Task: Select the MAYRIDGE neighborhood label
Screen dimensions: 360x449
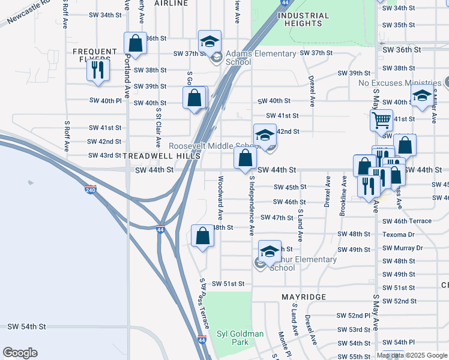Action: coord(304,297)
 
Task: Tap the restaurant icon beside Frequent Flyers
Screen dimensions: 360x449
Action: coord(97,70)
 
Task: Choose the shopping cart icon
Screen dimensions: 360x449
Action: coord(381,120)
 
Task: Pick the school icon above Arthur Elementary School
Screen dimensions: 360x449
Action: coord(270,251)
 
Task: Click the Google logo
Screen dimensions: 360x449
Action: coord(20,353)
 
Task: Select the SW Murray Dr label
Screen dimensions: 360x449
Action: coord(403,248)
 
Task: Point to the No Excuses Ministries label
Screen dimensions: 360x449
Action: coord(399,83)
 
